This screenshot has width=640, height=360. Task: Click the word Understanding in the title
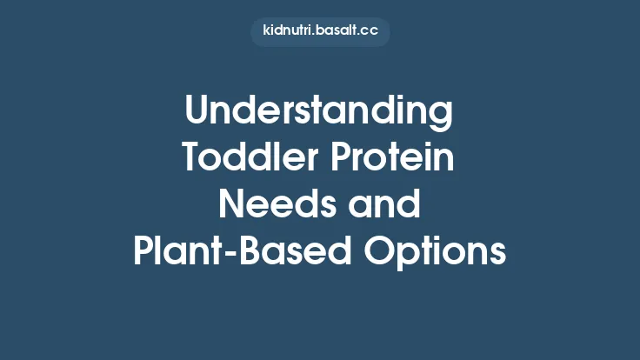pyautogui.click(x=320, y=114)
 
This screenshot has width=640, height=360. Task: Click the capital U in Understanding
pyautogui.click(x=199, y=114)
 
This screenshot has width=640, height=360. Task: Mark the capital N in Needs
pyautogui.click(x=231, y=206)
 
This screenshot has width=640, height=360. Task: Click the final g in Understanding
pyautogui.click(x=442, y=118)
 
